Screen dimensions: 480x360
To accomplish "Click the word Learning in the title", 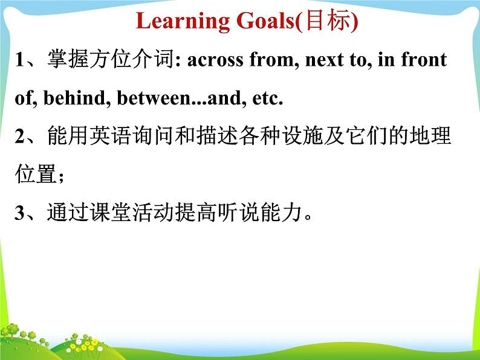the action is [183, 21].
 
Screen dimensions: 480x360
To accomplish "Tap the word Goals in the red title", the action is [265, 21].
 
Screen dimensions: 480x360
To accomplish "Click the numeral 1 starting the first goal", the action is [19, 59].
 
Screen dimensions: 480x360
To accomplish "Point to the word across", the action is [215, 60].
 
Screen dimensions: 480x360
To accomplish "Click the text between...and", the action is [179, 98].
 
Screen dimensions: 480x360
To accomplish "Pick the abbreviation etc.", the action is [267, 98].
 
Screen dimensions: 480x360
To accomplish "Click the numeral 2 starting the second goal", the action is [19, 136].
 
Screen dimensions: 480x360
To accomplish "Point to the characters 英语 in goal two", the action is [111, 135].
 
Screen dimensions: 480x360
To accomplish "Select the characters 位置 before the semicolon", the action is [36, 174].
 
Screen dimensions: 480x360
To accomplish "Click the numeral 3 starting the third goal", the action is [19, 213].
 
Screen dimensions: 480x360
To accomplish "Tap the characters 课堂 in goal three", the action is [111, 212].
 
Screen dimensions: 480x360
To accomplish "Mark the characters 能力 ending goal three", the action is [281, 212].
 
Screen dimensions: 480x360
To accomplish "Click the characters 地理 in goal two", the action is [430, 135].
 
